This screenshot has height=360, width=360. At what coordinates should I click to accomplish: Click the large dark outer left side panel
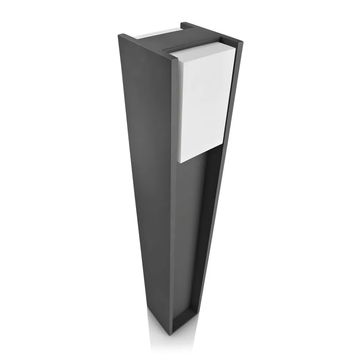(146, 160)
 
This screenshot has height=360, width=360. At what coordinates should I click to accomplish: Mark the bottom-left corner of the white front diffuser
(180, 163)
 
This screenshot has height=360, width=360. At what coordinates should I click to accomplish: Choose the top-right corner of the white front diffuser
(235, 47)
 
